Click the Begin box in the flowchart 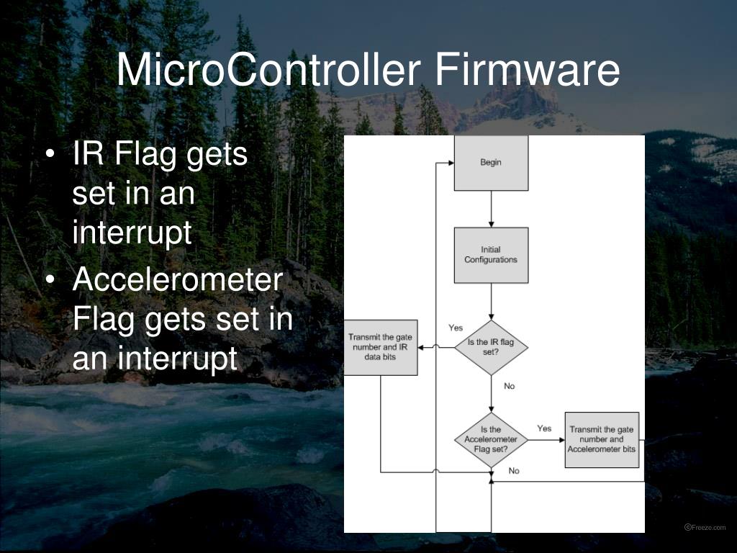491,163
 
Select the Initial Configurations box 491,255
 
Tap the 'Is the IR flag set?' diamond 491,347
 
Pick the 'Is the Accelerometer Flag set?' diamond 491,439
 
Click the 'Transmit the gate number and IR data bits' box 380,347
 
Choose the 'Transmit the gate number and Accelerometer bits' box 602,439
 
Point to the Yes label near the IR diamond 456,328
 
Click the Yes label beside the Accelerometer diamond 544,428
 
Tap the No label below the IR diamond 510,387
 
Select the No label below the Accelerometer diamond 514,471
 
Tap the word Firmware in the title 527,71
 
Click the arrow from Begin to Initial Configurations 491,209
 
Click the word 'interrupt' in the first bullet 132,233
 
